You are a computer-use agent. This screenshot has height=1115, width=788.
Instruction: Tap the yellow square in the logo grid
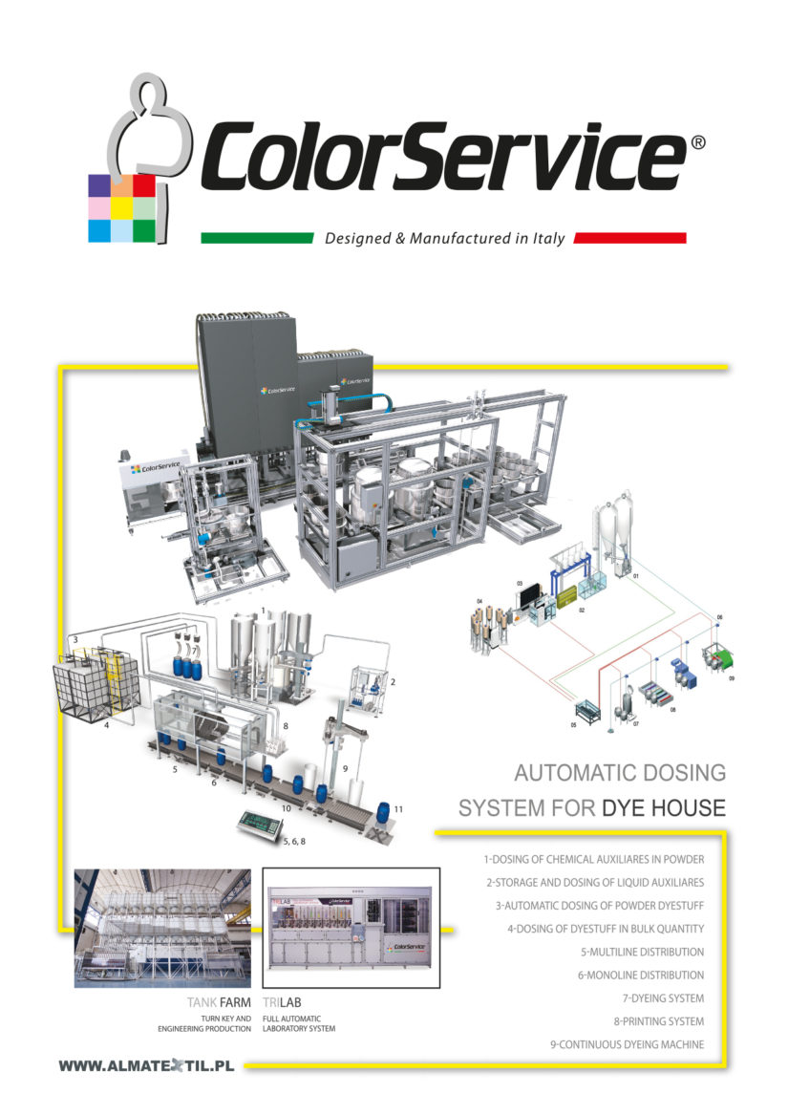(121, 207)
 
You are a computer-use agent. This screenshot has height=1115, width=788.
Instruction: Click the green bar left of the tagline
(257, 238)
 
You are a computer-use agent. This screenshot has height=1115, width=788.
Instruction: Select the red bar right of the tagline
(631, 238)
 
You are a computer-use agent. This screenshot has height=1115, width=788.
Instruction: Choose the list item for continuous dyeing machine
(627, 1044)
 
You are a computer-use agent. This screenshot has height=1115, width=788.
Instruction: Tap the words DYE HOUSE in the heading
(664, 807)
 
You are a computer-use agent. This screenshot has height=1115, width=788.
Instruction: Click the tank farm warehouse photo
(162, 927)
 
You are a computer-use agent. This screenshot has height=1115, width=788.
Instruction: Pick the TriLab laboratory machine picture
(351, 927)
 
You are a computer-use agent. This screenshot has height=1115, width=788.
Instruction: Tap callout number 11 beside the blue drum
(398, 808)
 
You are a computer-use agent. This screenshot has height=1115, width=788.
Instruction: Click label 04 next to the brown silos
(479, 601)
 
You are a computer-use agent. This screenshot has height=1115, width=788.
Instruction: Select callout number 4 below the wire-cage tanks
(107, 724)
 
